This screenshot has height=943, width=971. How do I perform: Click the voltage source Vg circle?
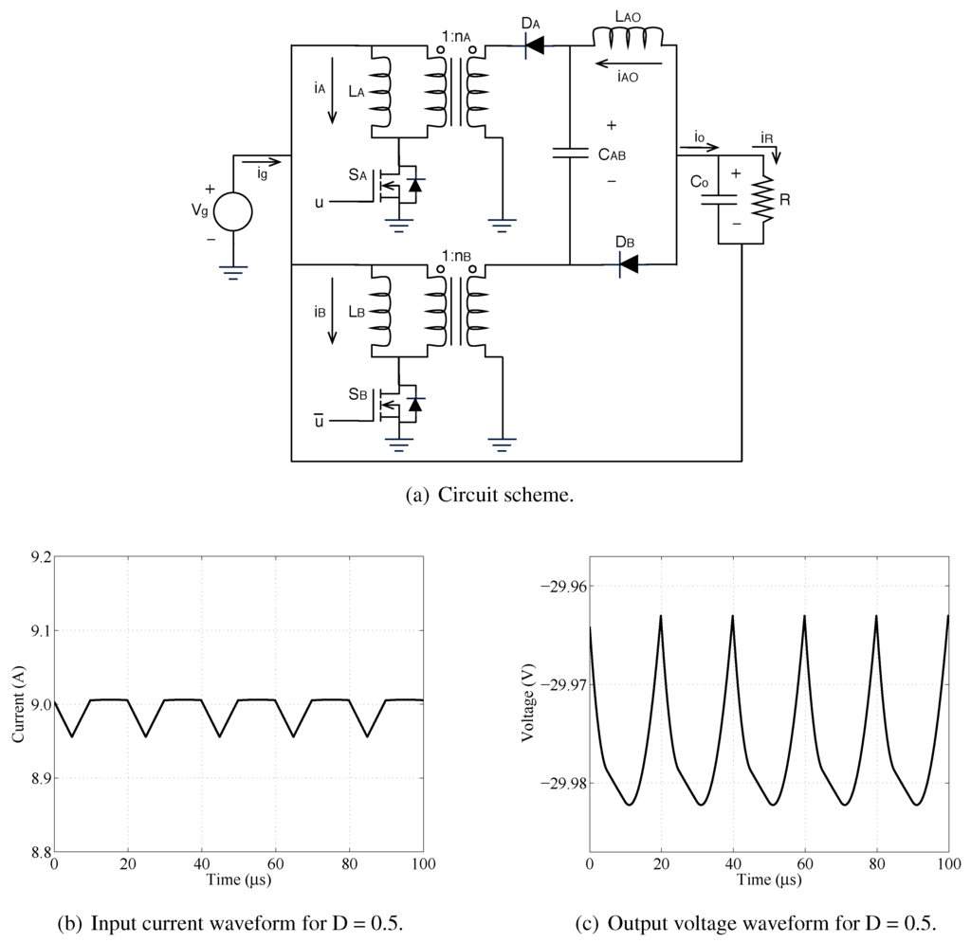point(232,211)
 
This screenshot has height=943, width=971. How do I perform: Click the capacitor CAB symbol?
point(570,153)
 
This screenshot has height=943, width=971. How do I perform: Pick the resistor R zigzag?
point(764,200)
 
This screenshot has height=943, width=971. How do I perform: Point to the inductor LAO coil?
point(628,36)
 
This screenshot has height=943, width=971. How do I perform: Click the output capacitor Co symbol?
point(718,199)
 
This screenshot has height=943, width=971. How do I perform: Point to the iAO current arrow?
point(627,64)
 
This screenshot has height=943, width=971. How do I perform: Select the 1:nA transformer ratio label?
point(456,38)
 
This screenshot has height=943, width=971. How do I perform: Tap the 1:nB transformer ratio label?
point(456,258)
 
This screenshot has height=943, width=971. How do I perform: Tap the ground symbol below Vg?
point(232,272)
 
